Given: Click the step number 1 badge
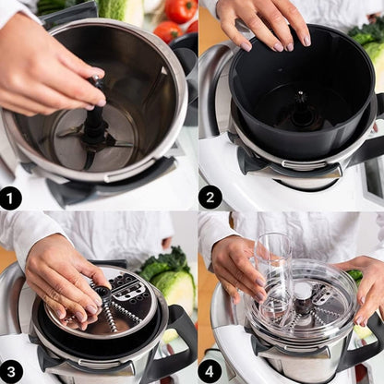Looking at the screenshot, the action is click(11, 198).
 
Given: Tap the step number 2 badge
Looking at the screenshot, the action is click(210, 198).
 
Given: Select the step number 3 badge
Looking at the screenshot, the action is click(11, 372).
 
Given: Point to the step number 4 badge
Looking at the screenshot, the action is click(210, 371).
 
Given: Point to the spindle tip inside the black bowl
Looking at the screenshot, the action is click(300, 95).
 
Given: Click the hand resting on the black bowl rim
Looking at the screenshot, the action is click(265, 25).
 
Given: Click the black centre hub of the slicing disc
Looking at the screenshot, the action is click(103, 292).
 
